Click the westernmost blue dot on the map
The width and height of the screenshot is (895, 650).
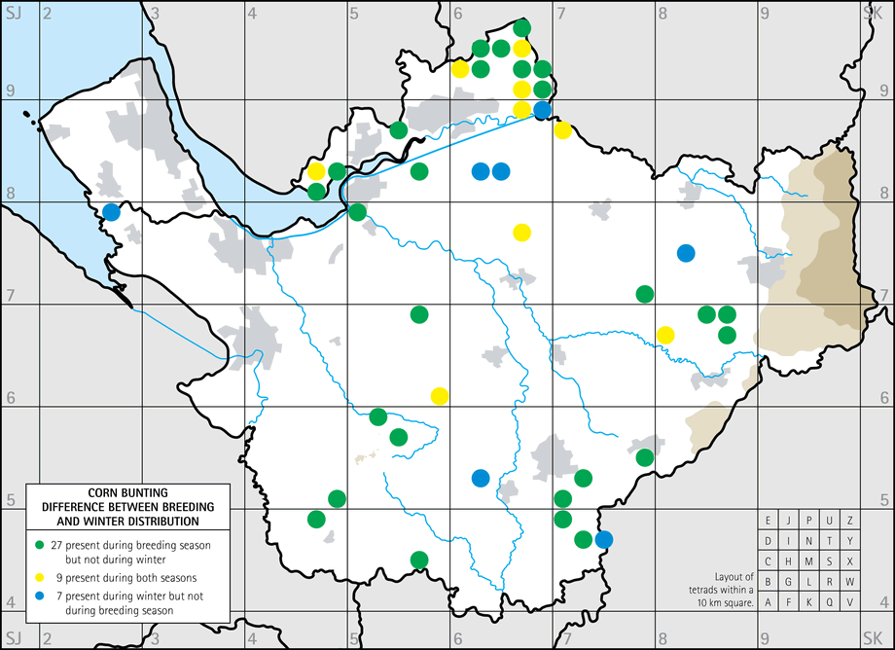tap(112, 211)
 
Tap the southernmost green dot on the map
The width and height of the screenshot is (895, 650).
tap(419, 559)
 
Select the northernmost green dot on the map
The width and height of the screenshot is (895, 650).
tap(521, 27)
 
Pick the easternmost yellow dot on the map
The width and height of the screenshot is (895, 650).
tap(665, 335)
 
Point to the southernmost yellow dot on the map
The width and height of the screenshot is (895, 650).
tap(440, 396)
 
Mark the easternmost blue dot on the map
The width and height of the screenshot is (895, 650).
tap(686, 253)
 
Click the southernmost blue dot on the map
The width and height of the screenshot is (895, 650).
tap(604, 539)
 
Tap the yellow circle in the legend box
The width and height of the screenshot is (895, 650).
tap(39, 578)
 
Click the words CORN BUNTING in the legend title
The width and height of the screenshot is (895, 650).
tap(127, 493)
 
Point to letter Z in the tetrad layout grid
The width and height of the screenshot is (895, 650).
tap(850, 520)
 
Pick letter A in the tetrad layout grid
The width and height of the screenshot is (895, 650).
tap(769, 601)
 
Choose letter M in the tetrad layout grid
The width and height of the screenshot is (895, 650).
tap(809, 560)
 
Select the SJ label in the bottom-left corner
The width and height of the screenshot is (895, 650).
tap(13, 639)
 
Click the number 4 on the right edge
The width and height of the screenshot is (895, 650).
tap(884, 601)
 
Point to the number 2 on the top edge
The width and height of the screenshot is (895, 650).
tap(45, 13)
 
